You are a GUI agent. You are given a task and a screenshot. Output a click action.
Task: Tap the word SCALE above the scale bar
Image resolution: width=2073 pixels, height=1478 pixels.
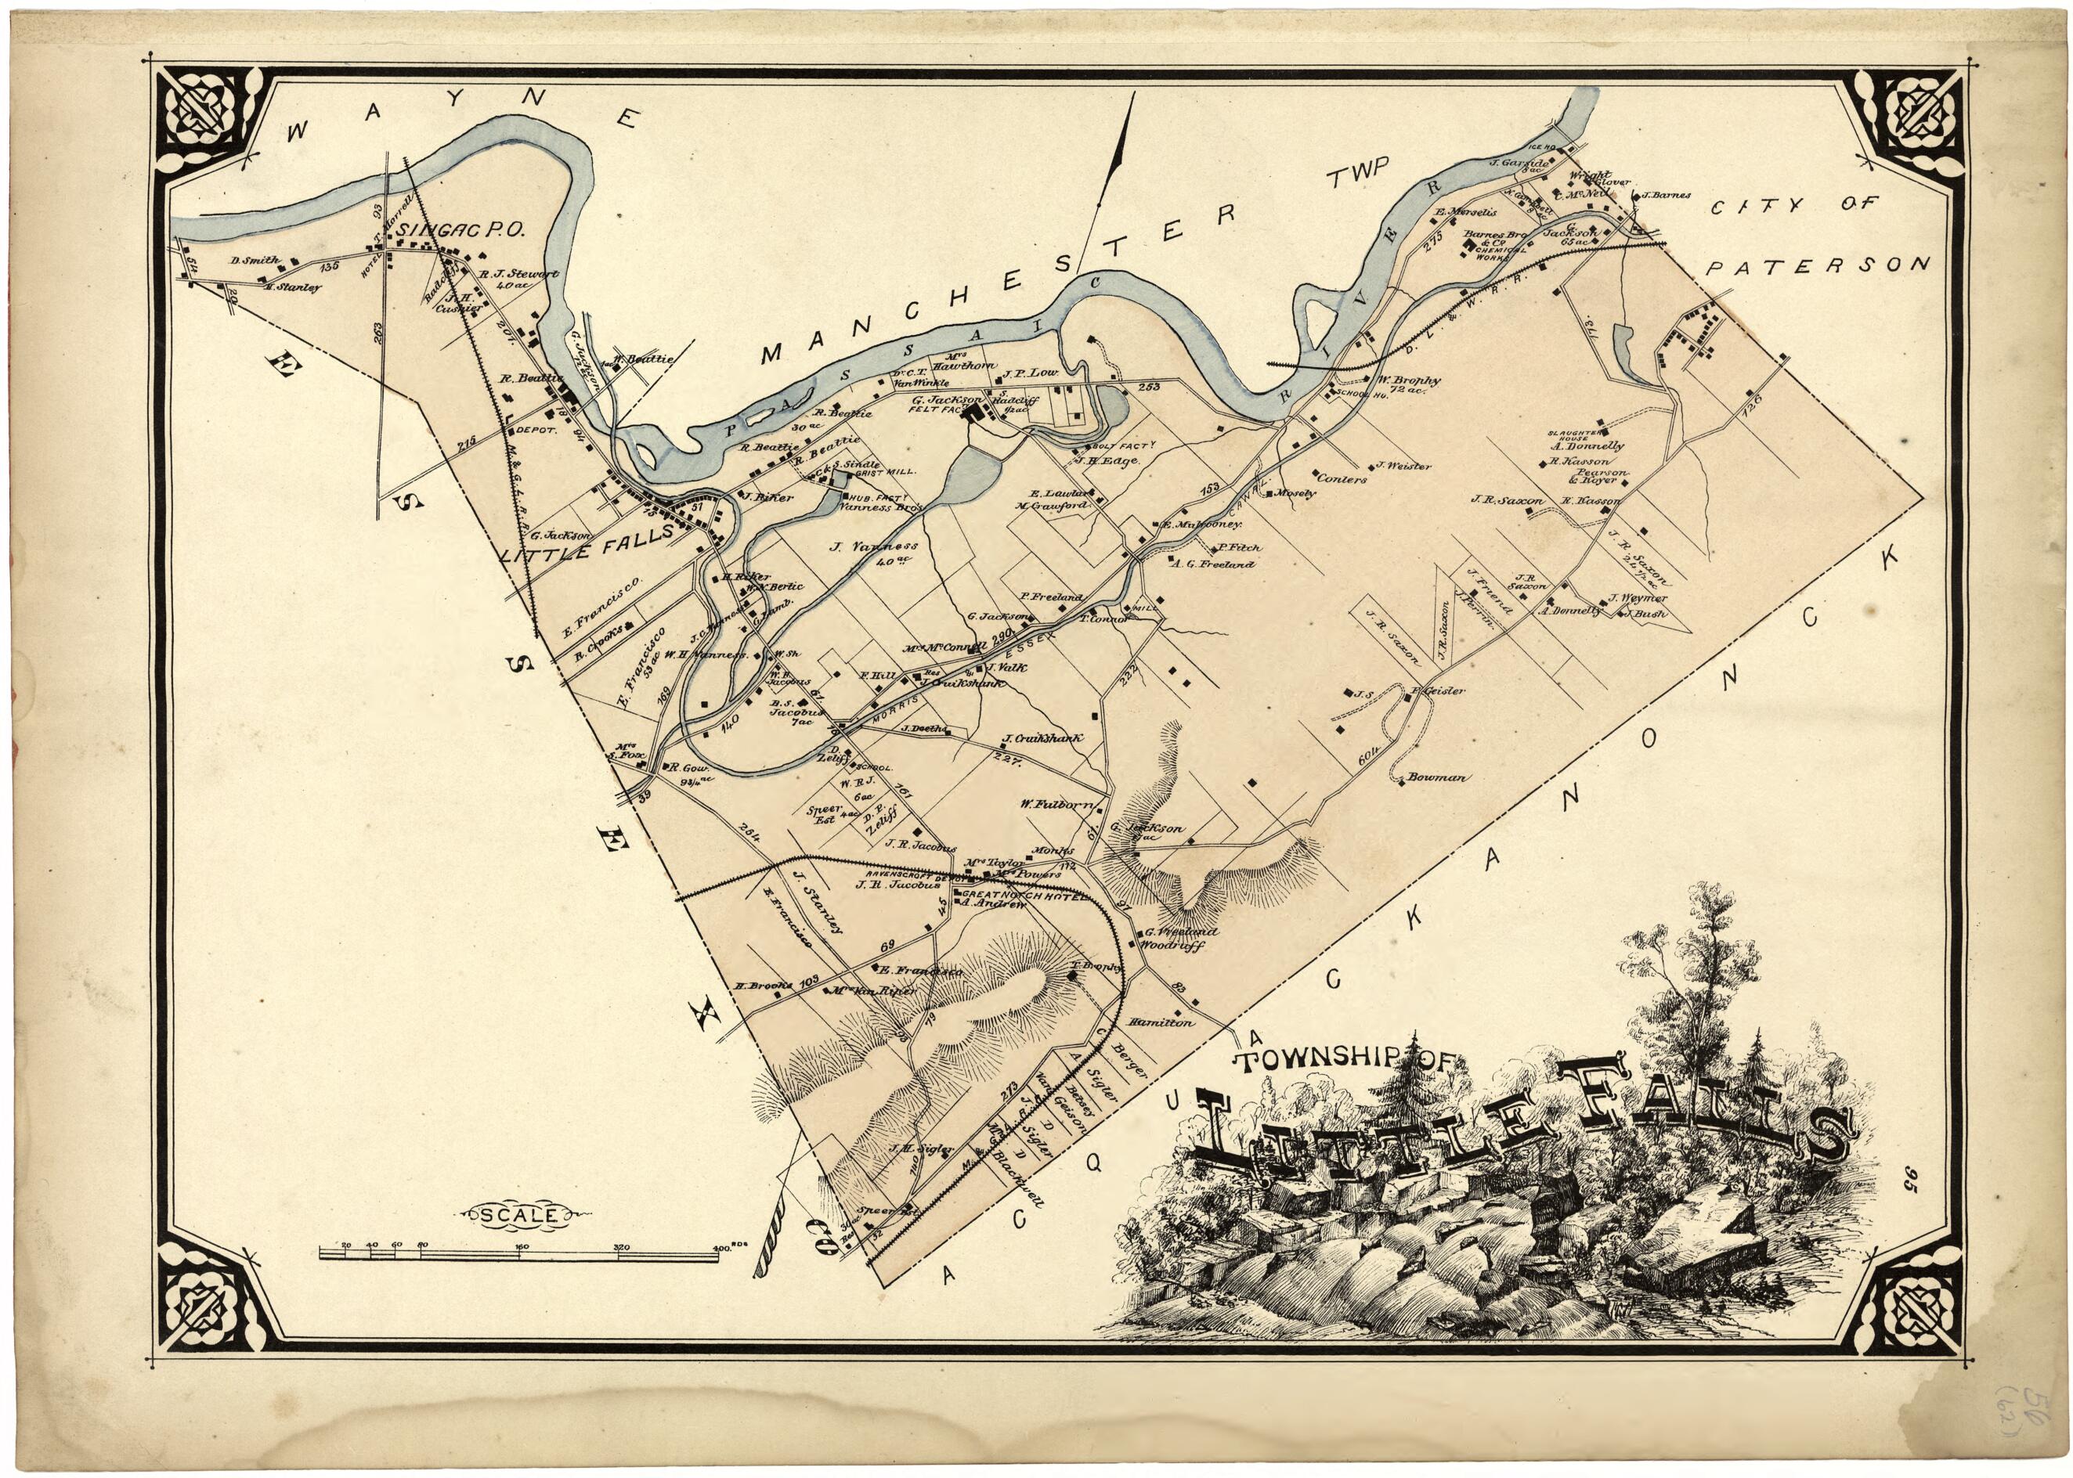(x=528, y=1213)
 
